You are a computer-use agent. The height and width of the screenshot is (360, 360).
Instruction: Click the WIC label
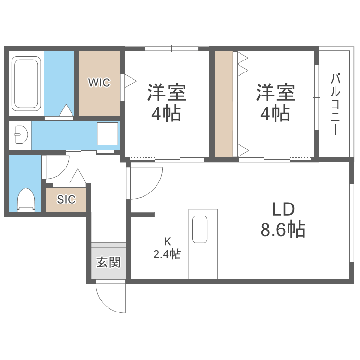pos(99,83)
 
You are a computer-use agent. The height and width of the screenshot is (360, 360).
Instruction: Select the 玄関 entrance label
pos(108,263)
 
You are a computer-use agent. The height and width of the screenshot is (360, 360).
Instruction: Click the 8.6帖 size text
pos(283,231)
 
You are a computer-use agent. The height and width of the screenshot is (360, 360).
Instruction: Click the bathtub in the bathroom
pos(26,84)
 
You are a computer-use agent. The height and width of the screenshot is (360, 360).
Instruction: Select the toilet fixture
pos(26,200)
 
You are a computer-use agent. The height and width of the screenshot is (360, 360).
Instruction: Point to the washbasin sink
pos(21,134)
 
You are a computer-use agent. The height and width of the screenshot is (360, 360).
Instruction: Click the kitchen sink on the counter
pos(200,229)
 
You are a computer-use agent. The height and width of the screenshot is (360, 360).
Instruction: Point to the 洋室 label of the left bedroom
pos(167,92)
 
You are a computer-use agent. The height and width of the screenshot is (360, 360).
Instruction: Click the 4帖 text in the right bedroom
pos(275,113)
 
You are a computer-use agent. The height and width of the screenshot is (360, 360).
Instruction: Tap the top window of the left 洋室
pos(171,48)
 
